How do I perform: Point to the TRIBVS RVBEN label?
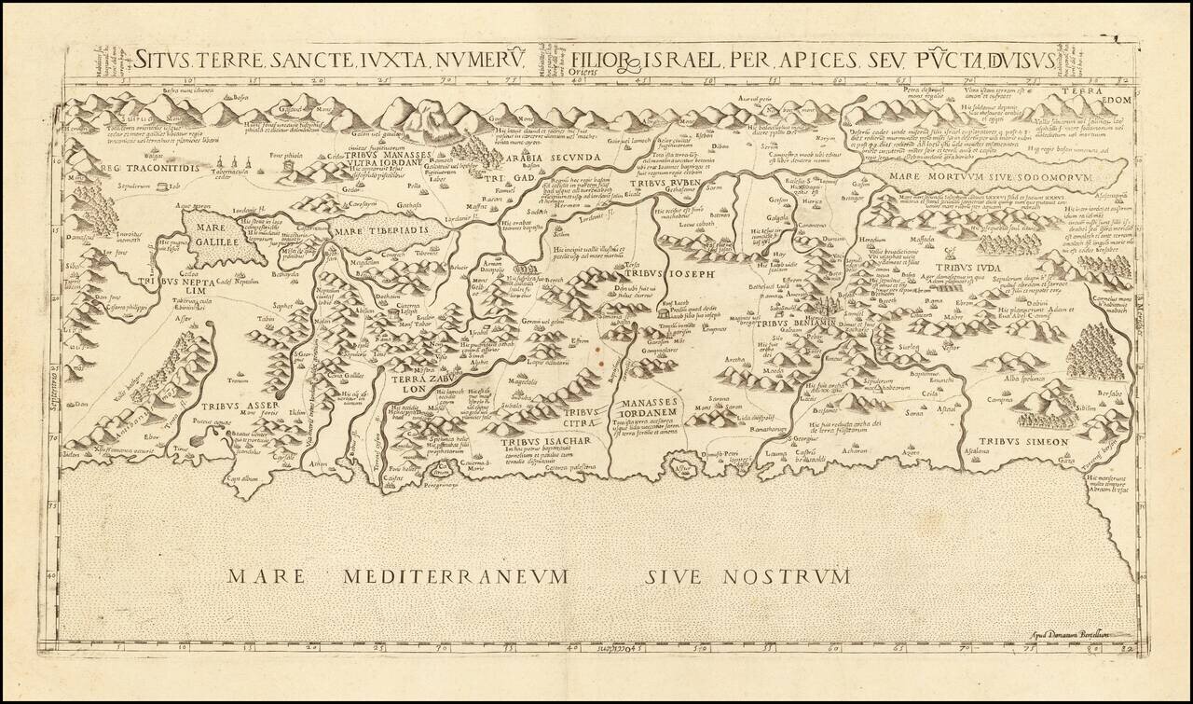coord(662,184)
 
